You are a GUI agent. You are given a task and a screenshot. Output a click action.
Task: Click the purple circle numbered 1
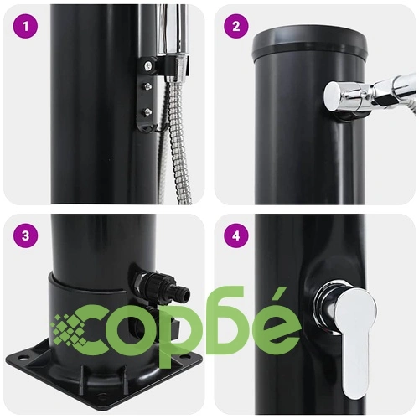(25, 27)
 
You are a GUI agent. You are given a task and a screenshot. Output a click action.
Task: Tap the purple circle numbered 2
(236, 27)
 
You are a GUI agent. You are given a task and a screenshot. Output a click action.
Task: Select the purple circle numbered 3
(25, 235)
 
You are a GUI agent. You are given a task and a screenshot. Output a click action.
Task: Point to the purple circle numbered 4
(236, 235)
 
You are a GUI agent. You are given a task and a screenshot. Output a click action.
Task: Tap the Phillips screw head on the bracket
(147, 65)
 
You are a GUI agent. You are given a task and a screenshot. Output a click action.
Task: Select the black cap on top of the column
(309, 45)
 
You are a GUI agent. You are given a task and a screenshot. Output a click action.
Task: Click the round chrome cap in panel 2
(334, 96)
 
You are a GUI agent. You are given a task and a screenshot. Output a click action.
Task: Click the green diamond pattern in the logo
(70, 329)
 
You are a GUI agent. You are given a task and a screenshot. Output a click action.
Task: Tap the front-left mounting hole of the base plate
(23, 357)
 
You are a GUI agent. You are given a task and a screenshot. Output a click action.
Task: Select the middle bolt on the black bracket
(147, 85)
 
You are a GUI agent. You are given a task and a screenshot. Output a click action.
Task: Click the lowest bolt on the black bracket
(147, 111)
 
